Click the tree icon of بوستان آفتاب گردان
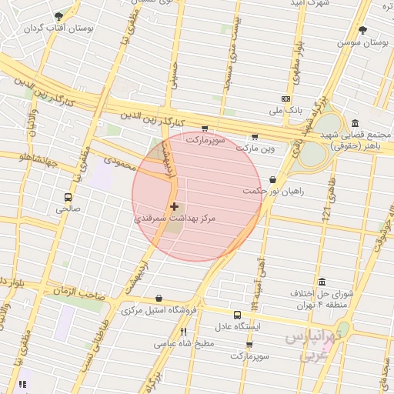[x=59, y=17]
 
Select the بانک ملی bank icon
[x=286, y=99]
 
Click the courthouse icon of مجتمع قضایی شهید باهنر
[x=354, y=124]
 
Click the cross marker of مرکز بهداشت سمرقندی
[x=175, y=206]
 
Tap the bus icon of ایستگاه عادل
[x=237, y=314]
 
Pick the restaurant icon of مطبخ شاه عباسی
[x=183, y=332]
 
